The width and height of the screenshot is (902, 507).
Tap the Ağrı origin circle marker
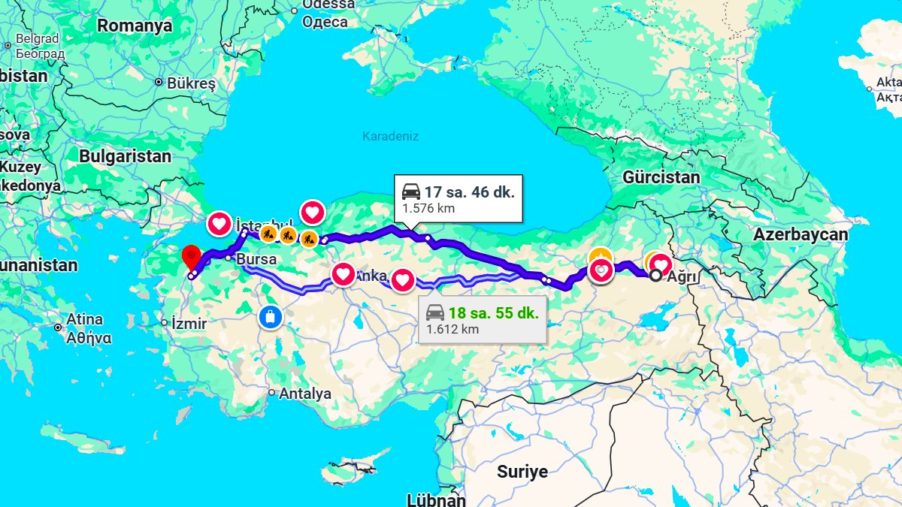pyautogui.click(x=655, y=276)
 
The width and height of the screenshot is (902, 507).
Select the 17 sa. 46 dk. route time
pyautogui.click(x=469, y=192)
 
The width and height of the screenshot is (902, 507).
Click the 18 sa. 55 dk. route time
pyautogui.click(x=493, y=313)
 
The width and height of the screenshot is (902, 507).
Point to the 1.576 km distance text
pyautogui.click(x=428, y=208)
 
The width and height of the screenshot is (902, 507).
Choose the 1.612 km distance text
pyautogui.click(x=452, y=329)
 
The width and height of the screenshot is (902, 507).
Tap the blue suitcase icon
pyautogui.click(x=270, y=316)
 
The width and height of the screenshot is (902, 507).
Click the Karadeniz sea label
pyautogui.click(x=390, y=136)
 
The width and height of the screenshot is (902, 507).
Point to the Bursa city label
pyautogui.click(x=256, y=259)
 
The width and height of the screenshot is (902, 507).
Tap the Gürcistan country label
pyautogui.click(x=661, y=177)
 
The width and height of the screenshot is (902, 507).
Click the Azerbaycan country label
pyautogui.click(x=801, y=234)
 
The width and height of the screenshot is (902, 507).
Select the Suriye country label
pyautogui.click(x=522, y=472)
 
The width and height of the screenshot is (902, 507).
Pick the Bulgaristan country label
pyautogui.click(x=125, y=156)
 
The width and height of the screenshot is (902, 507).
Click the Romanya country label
pyautogui.click(x=135, y=26)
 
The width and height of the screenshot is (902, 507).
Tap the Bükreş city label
pyautogui.click(x=190, y=83)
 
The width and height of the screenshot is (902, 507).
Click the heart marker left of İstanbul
pyautogui.click(x=219, y=223)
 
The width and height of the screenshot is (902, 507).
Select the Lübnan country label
pyautogui.click(x=436, y=499)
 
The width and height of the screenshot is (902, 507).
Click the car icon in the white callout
pyautogui.click(x=411, y=191)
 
